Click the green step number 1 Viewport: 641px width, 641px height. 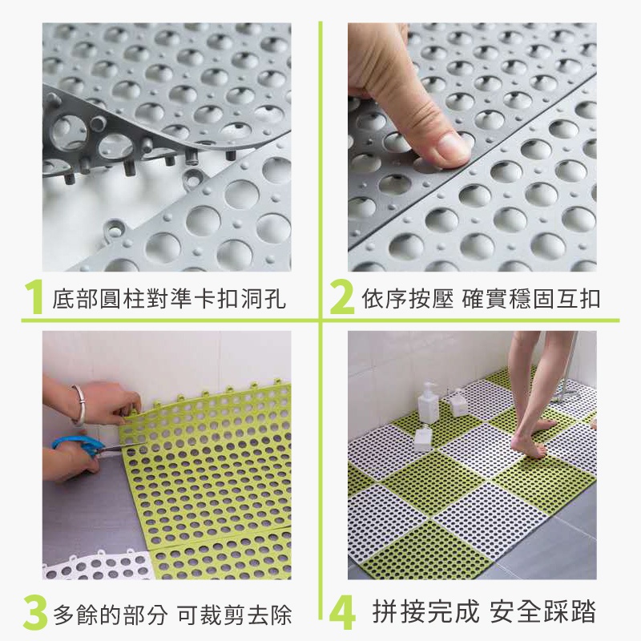34,297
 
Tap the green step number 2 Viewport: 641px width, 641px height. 342,297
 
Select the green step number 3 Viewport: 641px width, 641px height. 35,612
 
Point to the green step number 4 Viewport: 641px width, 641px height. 343,613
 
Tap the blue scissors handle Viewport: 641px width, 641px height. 75,445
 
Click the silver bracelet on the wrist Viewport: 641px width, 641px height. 79,405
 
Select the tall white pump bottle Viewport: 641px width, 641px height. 428,403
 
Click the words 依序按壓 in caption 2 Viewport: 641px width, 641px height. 408,299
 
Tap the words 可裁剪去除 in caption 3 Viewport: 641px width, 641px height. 235,614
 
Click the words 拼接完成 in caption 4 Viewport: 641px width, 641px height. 425,611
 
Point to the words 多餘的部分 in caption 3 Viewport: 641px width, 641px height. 110,614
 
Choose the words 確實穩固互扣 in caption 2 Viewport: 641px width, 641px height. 531,299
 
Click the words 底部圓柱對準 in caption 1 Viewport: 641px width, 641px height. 123,299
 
